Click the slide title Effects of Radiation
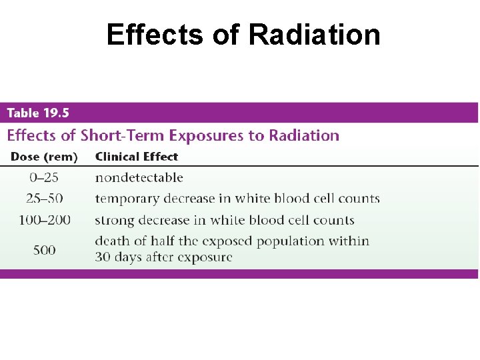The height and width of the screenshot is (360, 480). (x=243, y=35)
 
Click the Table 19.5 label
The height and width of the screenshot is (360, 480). (x=38, y=113)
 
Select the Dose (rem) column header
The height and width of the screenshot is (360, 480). (x=44, y=157)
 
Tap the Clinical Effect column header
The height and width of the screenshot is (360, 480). (x=137, y=157)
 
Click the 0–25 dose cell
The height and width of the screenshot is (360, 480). (x=45, y=177)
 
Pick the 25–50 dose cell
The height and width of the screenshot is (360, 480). (x=45, y=199)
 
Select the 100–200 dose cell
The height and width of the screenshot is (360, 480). (x=45, y=220)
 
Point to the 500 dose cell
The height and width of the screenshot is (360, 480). (x=45, y=250)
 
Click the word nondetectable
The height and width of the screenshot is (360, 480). (x=139, y=177)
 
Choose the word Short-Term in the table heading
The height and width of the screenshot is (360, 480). (x=123, y=136)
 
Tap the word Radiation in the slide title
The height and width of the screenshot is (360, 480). (x=315, y=35)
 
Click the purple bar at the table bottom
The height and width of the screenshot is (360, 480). (x=239, y=273)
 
